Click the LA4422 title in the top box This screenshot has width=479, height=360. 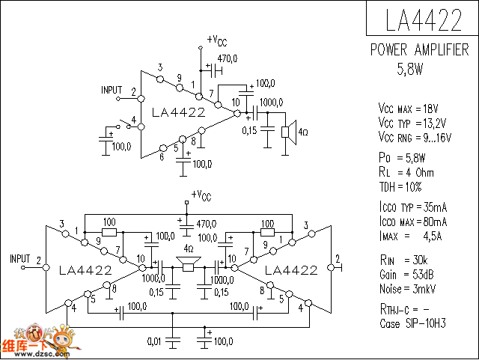coord(422,20)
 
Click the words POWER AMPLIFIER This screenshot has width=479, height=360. coord(420,50)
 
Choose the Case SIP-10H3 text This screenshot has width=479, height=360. coord(412,324)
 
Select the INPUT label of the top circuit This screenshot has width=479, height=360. coord(112,91)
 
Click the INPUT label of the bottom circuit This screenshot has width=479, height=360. coord(20,259)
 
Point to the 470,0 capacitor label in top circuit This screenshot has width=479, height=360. coord(228,58)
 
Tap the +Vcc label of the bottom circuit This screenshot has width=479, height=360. coord(201,195)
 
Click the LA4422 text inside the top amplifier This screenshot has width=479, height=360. coord(178,113)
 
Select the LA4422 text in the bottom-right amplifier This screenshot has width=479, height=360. coord(292,269)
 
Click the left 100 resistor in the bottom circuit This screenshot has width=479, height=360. coord(109,232)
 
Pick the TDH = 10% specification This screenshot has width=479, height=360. coord(400,186)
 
